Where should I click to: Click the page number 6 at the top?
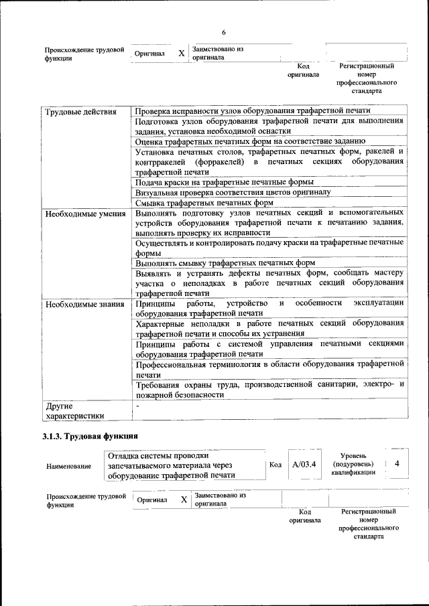click(x=224, y=33)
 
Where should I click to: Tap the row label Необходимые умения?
click(x=85, y=214)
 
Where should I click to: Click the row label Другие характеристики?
click(x=74, y=410)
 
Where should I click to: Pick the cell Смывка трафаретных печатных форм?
click(x=204, y=203)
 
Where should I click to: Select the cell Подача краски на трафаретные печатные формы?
click(x=225, y=181)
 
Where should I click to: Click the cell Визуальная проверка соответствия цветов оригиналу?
click(x=233, y=192)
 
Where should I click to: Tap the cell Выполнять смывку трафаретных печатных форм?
click(x=225, y=263)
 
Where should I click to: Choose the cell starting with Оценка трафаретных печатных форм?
click(x=250, y=141)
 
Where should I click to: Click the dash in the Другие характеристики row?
click(x=137, y=406)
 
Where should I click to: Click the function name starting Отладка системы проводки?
click(x=176, y=465)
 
